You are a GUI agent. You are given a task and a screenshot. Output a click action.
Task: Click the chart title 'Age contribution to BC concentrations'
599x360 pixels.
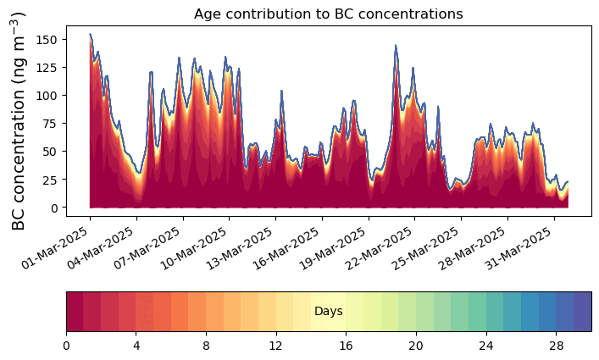pos(328,14)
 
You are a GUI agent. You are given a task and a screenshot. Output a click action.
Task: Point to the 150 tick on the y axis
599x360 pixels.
pos(47,40)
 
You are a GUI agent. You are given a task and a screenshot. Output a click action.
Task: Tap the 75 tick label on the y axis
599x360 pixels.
pos(51,124)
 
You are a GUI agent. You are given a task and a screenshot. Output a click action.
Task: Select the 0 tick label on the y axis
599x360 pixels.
pos(53,208)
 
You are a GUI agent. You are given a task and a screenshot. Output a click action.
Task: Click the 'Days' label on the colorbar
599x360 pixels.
pos(329,312)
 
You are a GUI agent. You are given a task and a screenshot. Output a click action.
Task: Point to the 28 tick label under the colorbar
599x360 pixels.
pos(556,346)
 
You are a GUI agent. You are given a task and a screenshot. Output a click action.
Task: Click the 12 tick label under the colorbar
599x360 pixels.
pos(275,346)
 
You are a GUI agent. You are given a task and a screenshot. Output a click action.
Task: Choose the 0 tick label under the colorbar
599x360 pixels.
pos(66,346)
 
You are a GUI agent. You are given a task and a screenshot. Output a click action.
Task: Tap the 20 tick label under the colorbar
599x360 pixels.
pos(416,346)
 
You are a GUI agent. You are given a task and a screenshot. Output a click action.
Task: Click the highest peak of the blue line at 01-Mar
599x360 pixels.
pos(90,34)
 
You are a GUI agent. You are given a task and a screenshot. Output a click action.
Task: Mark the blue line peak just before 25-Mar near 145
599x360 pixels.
pos(396,46)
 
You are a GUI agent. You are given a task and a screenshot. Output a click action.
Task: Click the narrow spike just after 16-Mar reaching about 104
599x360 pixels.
pos(281,91)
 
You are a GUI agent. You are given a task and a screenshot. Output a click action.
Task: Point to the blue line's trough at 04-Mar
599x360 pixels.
pos(140,173)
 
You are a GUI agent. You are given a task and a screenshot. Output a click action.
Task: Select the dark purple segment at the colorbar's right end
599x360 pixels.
pos(583,312)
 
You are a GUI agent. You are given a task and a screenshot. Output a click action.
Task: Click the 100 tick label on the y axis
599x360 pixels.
pos(47,96)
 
